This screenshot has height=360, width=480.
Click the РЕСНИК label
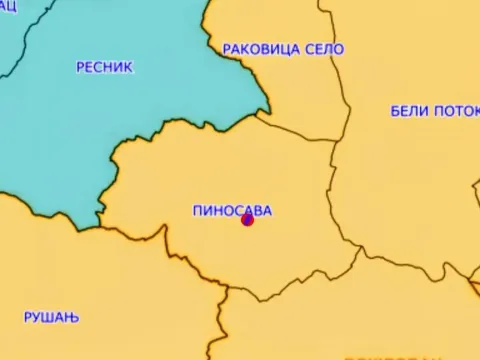pyautogui.click(x=104, y=67)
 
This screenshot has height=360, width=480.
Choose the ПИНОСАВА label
pyautogui.click(x=231, y=210)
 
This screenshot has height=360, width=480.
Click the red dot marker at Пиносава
pyautogui.click(x=247, y=220)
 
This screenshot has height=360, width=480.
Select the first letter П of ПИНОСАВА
pyautogui.click(x=196, y=210)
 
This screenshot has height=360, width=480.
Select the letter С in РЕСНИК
pyautogui.click(x=99, y=67)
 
